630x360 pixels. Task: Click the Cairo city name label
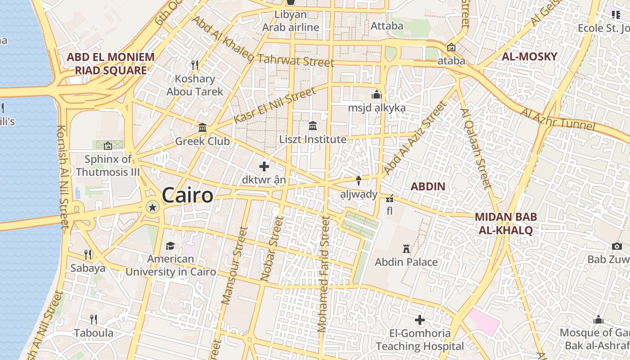tap(187, 195)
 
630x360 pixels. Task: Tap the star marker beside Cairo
tap(153, 207)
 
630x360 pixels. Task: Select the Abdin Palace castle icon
tap(406, 248)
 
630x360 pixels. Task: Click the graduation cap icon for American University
tap(170, 246)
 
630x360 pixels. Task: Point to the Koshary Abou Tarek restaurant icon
tap(195, 65)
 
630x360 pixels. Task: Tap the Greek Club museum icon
tap(202, 128)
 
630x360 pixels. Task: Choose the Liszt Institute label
tap(313, 139)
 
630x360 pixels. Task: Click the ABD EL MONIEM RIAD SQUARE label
tap(111, 63)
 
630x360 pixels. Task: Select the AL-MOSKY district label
tap(529, 57)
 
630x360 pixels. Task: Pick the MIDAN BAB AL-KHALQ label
tap(506, 224)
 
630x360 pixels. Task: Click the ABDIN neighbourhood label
tap(428, 186)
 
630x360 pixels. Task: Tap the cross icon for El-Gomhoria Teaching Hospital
tap(420, 320)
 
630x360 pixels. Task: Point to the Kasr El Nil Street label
tap(275, 106)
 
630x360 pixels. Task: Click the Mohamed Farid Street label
tap(324, 274)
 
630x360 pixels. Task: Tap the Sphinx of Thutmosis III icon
tap(108, 146)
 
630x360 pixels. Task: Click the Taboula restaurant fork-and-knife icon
tap(94, 319)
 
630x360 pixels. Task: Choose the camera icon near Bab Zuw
tap(616, 246)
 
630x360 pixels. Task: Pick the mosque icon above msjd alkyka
tap(377, 95)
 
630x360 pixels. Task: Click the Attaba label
tap(387, 26)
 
